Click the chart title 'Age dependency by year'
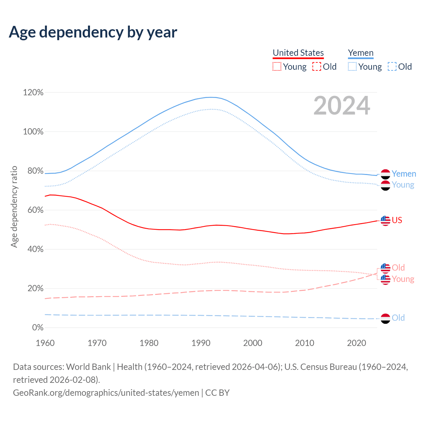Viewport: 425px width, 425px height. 93,32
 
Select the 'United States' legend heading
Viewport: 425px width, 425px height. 298,53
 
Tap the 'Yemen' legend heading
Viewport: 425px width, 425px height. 361,53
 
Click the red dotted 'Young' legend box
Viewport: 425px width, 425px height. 277,67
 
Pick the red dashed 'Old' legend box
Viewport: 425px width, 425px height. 317,67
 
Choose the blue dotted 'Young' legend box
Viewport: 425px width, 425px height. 352,67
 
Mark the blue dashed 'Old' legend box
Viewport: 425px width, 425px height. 392,67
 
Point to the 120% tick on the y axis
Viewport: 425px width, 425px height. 33,93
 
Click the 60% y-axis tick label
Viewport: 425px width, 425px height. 33,210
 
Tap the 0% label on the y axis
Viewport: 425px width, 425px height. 38,328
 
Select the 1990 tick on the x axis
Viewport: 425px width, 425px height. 201,343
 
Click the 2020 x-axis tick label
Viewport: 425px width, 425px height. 356,343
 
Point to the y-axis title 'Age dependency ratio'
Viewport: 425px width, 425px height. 14,207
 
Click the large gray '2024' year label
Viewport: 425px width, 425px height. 342,106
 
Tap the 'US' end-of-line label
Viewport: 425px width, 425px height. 397,220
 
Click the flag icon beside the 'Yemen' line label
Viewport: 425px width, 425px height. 385,174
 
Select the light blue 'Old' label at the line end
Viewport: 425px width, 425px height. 398,318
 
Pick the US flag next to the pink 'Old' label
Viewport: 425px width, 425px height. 385,268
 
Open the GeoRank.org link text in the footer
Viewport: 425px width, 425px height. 106,393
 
